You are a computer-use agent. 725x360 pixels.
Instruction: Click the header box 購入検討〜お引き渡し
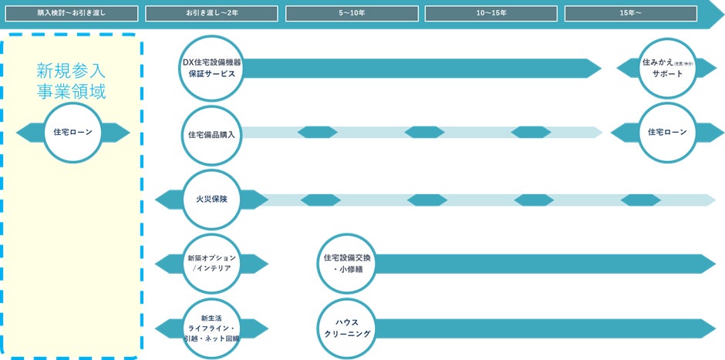tap(72, 14)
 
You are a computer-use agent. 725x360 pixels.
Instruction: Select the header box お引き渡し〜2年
tap(211, 14)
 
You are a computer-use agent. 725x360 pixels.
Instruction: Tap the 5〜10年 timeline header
tap(352, 14)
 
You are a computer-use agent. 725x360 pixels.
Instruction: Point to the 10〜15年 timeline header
tap(491, 14)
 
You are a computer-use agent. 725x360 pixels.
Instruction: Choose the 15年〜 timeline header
tap(631, 14)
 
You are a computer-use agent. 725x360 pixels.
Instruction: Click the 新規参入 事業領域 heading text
tap(72, 81)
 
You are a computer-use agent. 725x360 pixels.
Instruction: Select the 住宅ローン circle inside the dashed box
tap(72, 133)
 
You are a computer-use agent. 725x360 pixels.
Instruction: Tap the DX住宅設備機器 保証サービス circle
tap(211, 69)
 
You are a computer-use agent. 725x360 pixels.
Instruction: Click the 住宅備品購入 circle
tap(211, 133)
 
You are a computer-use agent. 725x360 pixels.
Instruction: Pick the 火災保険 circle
tap(211, 200)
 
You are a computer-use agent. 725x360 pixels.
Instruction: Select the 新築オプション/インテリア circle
tap(211, 264)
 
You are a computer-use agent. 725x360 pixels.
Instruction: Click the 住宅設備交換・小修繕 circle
tap(346, 264)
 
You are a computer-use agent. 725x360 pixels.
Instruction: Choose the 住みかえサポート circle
tap(667, 68)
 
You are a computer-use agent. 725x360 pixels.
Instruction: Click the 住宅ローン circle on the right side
tap(667, 133)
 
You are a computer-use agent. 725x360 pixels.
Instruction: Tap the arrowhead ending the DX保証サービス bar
tap(595, 69)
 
